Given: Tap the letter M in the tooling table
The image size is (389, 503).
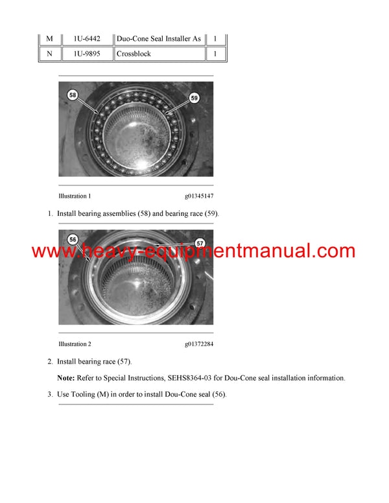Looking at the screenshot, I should tap(49, 39).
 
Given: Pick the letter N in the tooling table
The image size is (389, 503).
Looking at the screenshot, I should tap(49, 54).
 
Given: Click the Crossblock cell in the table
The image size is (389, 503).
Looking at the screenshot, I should tap(134, 54).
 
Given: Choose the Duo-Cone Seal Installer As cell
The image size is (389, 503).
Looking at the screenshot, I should tap(159, 39).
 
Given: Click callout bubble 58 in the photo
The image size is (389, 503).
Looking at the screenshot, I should tap(73, 95).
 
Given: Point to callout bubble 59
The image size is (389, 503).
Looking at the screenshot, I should tap(194, 98).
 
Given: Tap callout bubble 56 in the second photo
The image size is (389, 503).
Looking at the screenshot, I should tap(73, 239).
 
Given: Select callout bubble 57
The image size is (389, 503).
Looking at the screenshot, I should tap(200, 243).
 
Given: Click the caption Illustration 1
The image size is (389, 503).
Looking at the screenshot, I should tap(75, 196).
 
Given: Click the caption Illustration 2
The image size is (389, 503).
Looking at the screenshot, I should tap(75, 344).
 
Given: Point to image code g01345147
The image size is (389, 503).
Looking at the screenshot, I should tap(198, 196).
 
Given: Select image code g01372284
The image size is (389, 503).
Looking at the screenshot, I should tap(198, 344).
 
